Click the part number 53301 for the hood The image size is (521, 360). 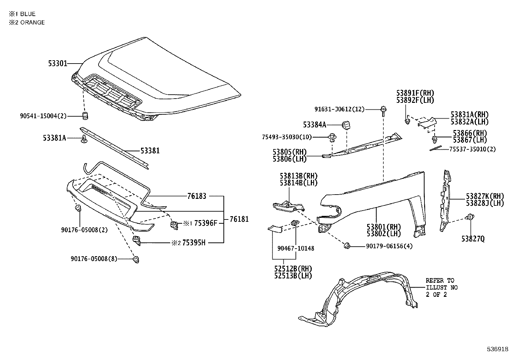[x=58, y=63]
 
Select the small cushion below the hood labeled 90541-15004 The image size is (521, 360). [x=85, y=115]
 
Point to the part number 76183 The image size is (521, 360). [x=197, y=196]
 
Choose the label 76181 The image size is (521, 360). [x=239, y=219]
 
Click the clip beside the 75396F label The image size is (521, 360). [x=174, y=224]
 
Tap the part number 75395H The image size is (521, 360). [x=194, y=243]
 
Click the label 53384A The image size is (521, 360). [x=314, y=125]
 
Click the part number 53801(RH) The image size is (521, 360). [x=384, y=227]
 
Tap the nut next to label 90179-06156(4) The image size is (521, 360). [x=348, y=246]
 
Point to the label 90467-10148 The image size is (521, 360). [x=296, y=248]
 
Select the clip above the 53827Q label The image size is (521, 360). [x=471, y=217]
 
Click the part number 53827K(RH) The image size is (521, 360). [x=485, y=196]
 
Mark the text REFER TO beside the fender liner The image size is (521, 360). [x=440, y=280]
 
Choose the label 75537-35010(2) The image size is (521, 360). [x=472, y=149]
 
